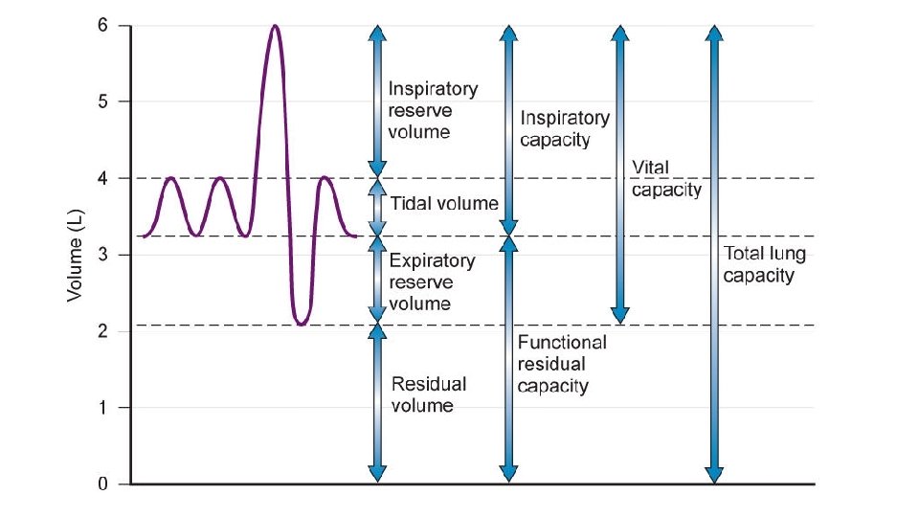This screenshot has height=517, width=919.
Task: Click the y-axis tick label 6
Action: click(x=102, y=26)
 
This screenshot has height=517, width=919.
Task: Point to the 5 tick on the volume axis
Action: click(x=102, y=101)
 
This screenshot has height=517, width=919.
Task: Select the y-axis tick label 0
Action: click(x=102, y=484)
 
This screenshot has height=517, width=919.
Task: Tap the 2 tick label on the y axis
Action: click(x=102, y=331)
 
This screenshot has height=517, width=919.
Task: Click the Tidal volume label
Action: click(x=444, y=203)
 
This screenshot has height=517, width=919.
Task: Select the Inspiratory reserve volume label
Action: click(x=432, y=110)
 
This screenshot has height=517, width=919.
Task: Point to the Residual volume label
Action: click(x=429, y=394)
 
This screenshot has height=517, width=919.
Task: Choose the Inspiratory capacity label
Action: click(x=565, y=128)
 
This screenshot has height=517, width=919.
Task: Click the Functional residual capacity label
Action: click(x=561, y=364)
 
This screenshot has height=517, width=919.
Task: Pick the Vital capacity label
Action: click(x=666, y=178)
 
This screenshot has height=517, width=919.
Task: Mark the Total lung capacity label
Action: click(x=764, y=265)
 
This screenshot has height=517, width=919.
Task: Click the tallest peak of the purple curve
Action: click(x=275, y=27)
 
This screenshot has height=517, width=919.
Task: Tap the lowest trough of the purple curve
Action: click(x=301, y=324)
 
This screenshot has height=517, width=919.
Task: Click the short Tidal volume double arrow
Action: click(x=377, y=207)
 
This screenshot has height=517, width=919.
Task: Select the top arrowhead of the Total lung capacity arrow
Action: click(x=713, y=33)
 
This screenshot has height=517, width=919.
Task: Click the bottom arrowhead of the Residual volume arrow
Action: click(x=377, y=474)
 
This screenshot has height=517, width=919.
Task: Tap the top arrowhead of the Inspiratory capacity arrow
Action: click(x=508, y=33)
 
